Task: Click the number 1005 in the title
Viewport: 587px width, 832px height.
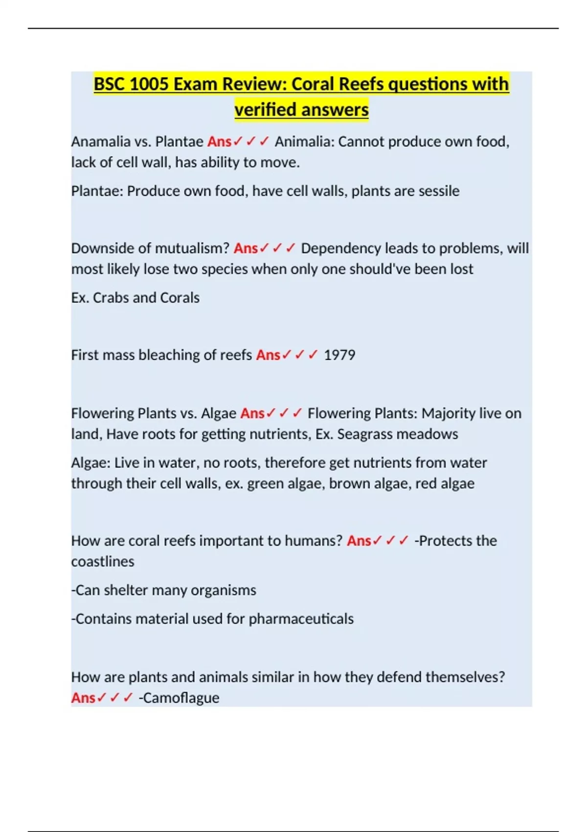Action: point(149,84)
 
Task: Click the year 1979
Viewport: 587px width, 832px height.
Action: point(339,355)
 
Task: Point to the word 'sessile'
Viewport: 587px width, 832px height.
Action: point(439,191)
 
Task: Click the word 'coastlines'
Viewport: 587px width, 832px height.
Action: point(103,561)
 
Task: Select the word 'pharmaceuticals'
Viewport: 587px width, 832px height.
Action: point(301,619)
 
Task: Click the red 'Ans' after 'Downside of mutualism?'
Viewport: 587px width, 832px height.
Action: point(246,248)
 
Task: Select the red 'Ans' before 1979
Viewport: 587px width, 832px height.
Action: point(268,355)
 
